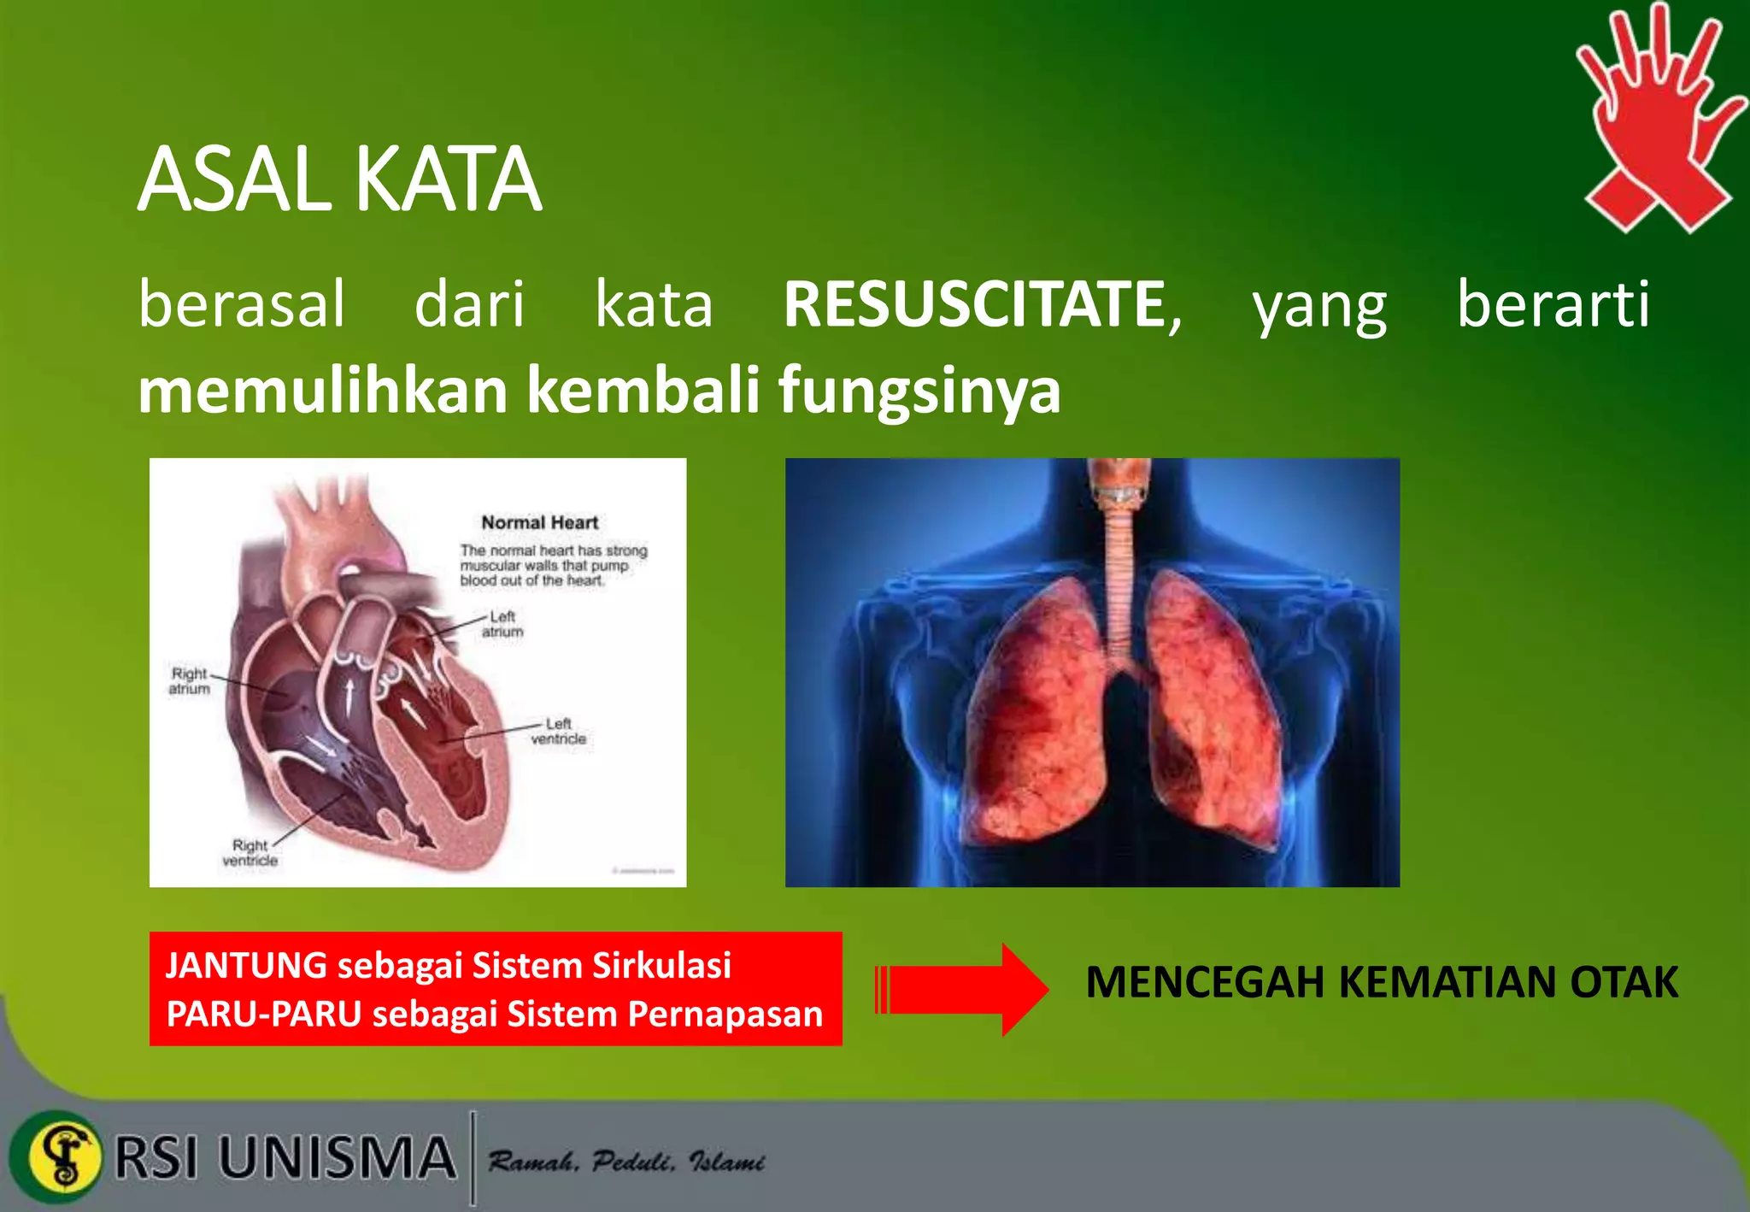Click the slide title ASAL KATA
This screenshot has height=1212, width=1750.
coord(339,179)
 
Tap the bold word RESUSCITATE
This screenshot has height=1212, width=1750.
coord(975,304)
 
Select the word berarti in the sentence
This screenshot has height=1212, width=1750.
coord(1553,304)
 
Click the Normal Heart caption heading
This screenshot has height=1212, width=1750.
coord(539,522)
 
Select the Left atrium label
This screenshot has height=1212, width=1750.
coord(502,624)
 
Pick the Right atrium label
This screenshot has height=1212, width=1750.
coord(189,681)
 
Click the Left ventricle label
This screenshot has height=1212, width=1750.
coord(559,732)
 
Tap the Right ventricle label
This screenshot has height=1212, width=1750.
coord(250,853)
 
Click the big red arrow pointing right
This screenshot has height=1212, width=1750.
coord(961,990)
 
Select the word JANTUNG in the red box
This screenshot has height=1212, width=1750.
coord(246,965)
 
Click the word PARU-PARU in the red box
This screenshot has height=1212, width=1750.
coord(263,1015)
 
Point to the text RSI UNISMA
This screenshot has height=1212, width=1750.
coord(285,1158)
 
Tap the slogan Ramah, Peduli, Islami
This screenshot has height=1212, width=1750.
coord(625,1162)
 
